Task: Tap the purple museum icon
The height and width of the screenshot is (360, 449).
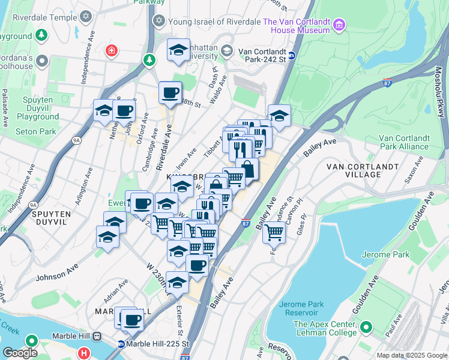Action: pyautogui.click(x=339, y=25)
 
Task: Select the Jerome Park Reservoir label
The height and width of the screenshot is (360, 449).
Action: pyautogui.click(x=298, y=308)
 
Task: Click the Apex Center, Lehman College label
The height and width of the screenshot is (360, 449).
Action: pyautogui.click(x=325, y=328)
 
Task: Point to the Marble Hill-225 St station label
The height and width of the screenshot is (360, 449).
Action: pyautogui.click(x=158, y=344)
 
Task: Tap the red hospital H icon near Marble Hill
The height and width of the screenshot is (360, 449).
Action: pyautogui.click(x=84, y=353)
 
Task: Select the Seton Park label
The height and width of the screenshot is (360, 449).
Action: pyautogui.click(x=37, y=131)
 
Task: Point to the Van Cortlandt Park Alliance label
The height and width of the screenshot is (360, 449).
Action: pyautogui.click(x=403, y=142)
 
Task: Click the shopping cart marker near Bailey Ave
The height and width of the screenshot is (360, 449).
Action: pyautogui.click(x=274, y=230)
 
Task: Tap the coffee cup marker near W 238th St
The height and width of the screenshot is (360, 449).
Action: pyautogui.click(x=170, y=93)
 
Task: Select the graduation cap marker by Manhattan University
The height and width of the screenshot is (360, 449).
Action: pyautogui.click(x=178, y=51)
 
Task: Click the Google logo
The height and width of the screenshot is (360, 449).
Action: pyautogui.click(x=20, y=353)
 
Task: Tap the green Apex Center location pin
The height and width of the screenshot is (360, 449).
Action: pyautogui.click(x=366, y=328)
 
